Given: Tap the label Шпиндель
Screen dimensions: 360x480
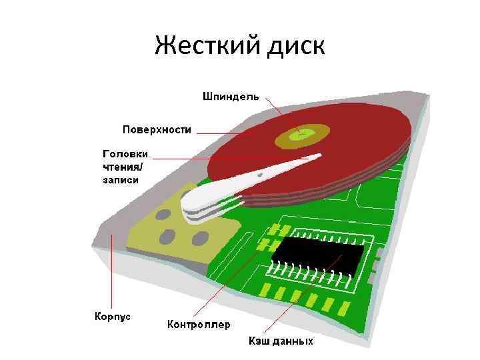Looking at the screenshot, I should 231,97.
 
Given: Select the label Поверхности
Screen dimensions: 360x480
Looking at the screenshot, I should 157,129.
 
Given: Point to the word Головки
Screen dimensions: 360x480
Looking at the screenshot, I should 125,154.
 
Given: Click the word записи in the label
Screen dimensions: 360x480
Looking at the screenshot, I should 121,179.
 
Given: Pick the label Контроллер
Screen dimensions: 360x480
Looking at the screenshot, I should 198,325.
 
